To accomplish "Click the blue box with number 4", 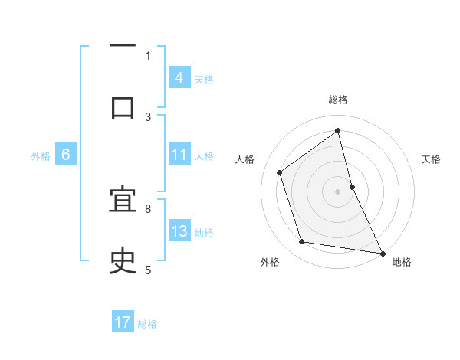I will coord(179,78).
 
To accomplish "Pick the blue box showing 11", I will coord(179,155).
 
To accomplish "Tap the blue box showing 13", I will coord(179,231).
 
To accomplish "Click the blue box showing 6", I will coord(66,155).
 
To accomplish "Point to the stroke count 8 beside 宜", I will coord(147,208).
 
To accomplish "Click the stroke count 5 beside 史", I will coord(147,269).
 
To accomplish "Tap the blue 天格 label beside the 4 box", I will coord(204,79).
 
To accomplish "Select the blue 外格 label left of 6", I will coord(41,155).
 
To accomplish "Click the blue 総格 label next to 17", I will coord(147,324).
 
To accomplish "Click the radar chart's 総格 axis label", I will coord(338,100).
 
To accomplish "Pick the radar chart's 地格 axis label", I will coord(402,262).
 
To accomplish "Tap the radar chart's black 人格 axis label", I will coord(245,159).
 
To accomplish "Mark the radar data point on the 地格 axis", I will coord(382,252).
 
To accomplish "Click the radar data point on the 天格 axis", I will coord(352,186).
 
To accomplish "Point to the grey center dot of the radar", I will coord(338,191).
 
